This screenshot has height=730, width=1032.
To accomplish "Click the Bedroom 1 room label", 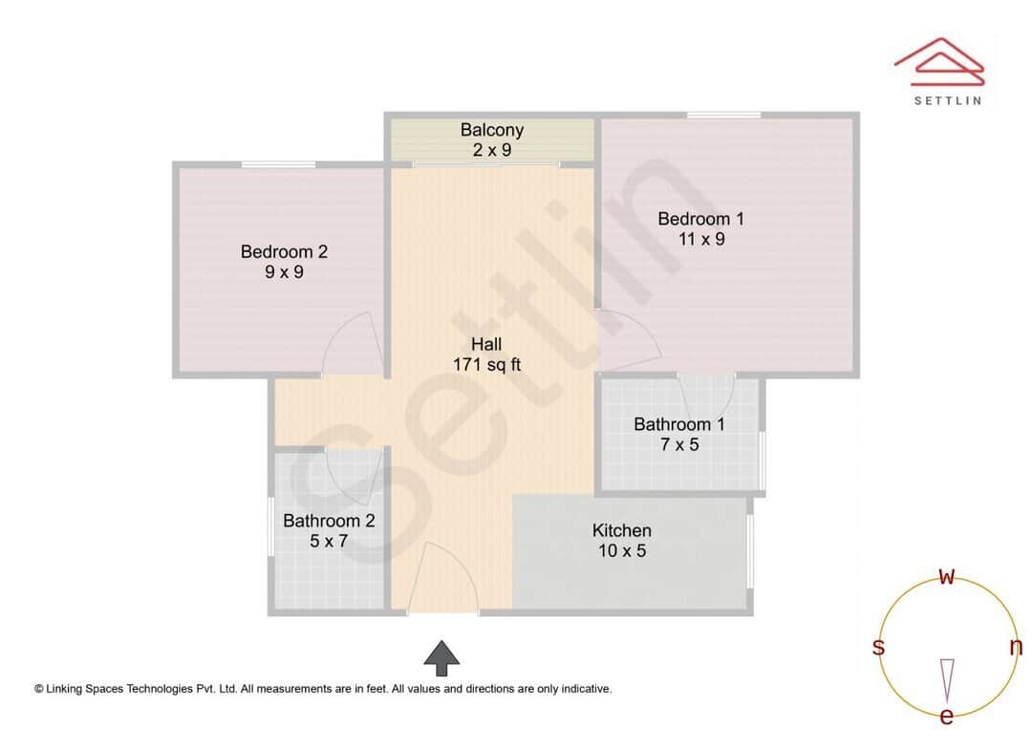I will coord(700,219).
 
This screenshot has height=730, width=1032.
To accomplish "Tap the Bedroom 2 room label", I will coord(284,251).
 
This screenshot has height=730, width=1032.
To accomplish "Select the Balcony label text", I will coord(491,130).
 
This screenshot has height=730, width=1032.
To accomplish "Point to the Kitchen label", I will coord(621,530).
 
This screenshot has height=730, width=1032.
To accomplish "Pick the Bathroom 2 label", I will coord(329,521).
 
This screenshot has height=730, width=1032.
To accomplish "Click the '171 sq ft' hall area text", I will coord(486,364).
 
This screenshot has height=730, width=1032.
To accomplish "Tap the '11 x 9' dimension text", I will coord(701,239).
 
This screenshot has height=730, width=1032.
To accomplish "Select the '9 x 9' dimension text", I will coord(284,272).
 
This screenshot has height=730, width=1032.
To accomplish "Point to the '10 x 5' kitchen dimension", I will coord(621,551).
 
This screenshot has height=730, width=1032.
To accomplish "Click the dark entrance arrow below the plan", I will coord(441,657).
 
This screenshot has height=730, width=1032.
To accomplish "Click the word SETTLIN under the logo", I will coord(947,100).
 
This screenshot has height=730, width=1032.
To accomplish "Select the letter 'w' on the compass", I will coord(947,576).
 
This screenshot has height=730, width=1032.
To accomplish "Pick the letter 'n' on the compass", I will coord(1016,647).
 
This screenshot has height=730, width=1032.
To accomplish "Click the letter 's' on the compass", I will coord(878,647).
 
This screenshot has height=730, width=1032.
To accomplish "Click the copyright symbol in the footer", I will coord(39,688).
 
